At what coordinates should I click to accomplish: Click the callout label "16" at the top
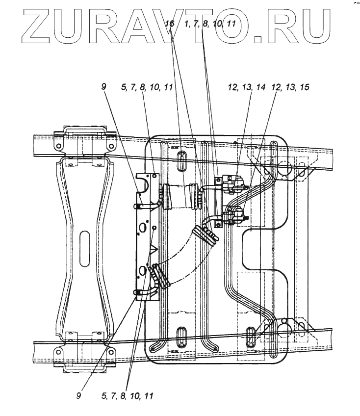click(169, 24)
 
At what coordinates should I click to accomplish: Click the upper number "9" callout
click(104, 86)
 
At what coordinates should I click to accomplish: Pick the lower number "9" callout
click(79, 394)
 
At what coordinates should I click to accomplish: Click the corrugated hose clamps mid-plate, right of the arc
click(206, 234)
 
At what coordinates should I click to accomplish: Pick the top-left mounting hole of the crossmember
click(57, 146)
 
